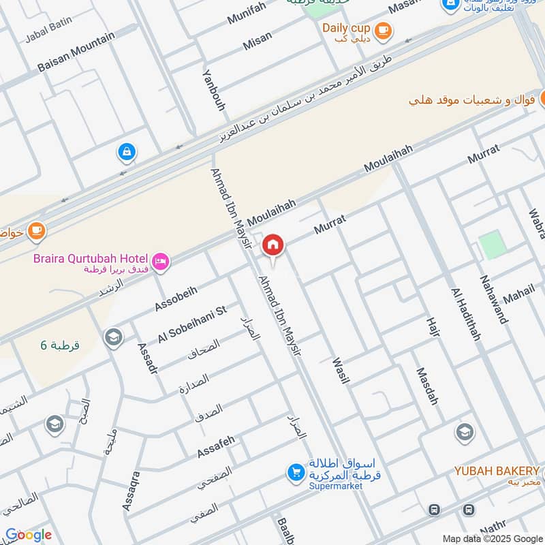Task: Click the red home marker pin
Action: click(273, 245)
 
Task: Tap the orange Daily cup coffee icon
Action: click(383, 29)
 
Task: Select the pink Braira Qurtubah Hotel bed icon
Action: click(161, 262)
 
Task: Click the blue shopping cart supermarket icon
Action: click(296, 471)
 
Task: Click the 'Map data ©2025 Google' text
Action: click(492, 538)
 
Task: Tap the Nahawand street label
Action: click(494, 298)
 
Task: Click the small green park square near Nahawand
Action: click(492, 245)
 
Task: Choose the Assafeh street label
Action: click(216, 446)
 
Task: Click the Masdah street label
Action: click(427, 387)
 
